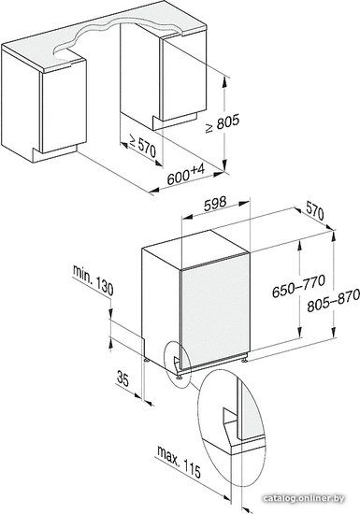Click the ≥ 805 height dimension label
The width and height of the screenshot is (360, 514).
tap(223, 123)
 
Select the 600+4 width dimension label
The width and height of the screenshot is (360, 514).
tap(185, 175)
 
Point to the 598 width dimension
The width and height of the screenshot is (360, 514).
tap(215, 204)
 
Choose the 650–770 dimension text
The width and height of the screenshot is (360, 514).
tap(298, 286)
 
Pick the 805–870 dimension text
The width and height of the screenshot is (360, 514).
tap(333, 302)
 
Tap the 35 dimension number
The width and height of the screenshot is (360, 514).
tap(122, 378)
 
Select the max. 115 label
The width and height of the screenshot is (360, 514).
tap(179, 462)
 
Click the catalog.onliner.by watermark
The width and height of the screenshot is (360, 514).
tap(304, 499)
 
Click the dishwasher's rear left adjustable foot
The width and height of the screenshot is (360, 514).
tap(146, 359)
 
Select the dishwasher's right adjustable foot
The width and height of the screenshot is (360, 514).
tap(245, 360)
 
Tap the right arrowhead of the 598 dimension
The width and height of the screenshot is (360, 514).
tap(244, 204)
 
